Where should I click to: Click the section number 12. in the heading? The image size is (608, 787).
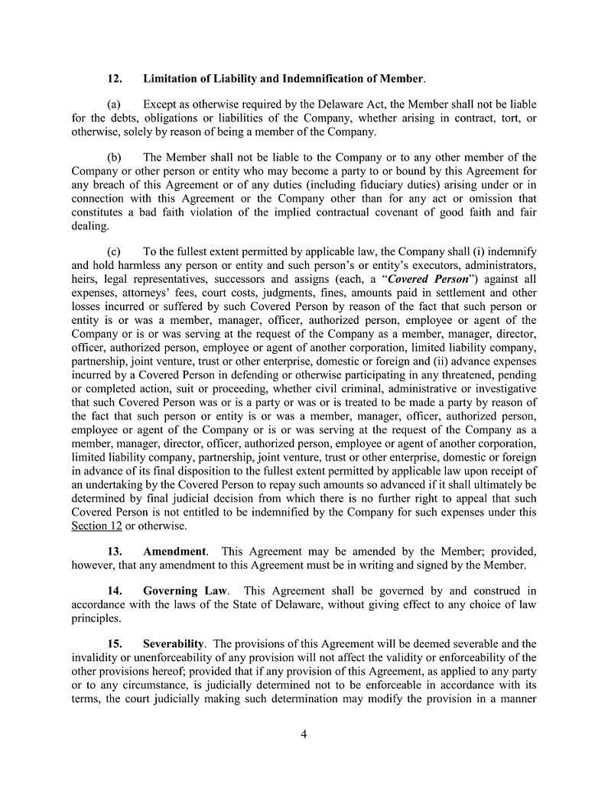(x=115, y=79)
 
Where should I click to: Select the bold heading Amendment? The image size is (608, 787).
(x=174, y=552)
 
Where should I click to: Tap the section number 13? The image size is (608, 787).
(x=115, y=552)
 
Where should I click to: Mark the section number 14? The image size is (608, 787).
(x=115, y=591)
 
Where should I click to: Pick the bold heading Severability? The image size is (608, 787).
(x=174, y=644)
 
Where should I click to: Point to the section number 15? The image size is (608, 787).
(x=115, y=644)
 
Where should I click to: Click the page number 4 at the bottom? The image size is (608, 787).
(x=304, y=735)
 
